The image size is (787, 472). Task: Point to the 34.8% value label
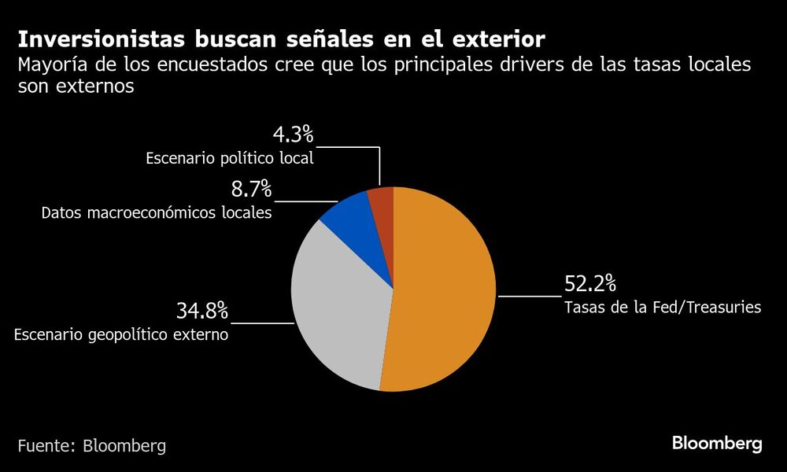201,311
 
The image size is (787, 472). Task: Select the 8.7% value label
251,190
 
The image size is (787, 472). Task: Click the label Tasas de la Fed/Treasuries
663,308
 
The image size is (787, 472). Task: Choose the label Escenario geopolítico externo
121,335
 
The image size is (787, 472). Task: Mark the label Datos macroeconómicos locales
157,213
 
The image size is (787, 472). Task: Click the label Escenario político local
230,158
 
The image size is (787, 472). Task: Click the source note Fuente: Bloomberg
92,445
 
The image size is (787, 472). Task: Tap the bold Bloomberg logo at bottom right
717,444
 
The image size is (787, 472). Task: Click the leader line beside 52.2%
529,297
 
